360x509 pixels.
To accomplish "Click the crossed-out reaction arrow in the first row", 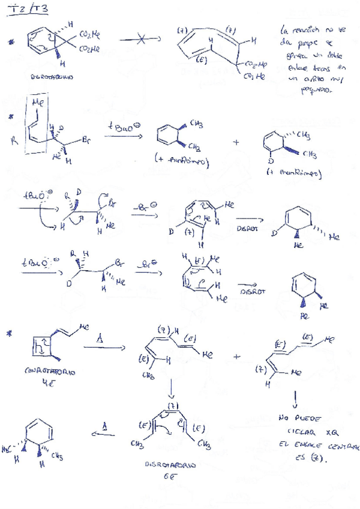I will (140, 40).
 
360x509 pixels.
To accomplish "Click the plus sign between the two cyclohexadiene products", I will (235, 142).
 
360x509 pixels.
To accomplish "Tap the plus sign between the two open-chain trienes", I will (235, 356).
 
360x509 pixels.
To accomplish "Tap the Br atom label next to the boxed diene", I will (87, 140).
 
